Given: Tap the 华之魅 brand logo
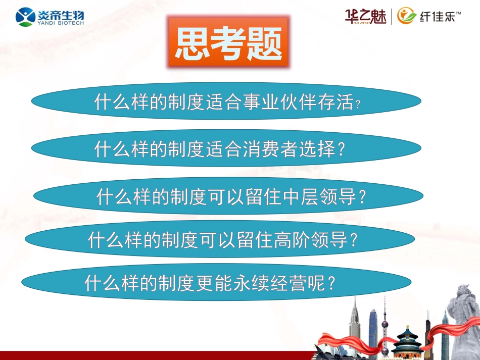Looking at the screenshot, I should [x=365, y=16].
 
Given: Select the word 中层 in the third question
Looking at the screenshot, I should [x=299, y=197].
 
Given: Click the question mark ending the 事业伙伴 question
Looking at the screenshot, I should [x=358, y=105].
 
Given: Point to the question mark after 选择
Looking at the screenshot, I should [x=342, y=149].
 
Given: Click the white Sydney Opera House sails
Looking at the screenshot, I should [x=329, y=348].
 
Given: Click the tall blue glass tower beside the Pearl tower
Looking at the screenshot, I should [x=373, y=328].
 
